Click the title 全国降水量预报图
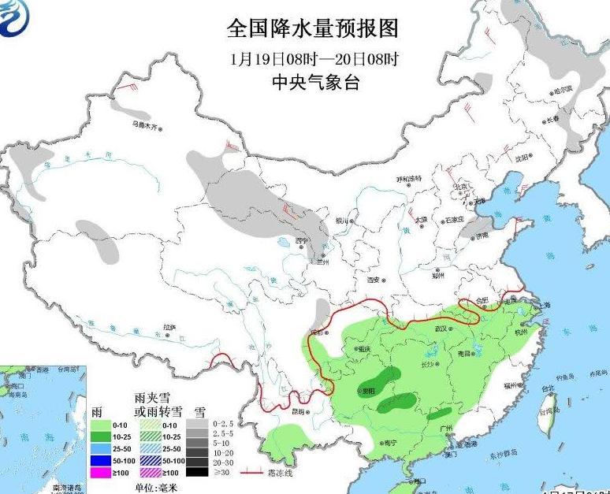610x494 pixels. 313,29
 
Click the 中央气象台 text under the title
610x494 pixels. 314,82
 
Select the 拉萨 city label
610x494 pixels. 169,327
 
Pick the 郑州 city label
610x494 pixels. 438,276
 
